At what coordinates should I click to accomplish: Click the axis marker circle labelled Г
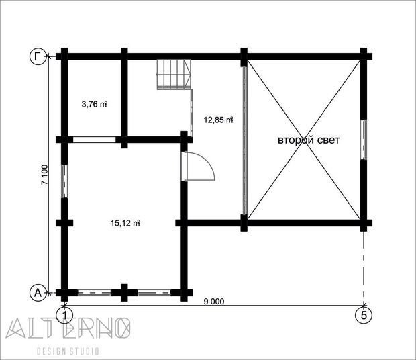click(38, 56)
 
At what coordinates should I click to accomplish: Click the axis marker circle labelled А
click(38, 293)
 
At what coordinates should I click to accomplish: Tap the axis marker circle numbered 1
click(64, 315)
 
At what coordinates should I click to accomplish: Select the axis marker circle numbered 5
click(364, 315)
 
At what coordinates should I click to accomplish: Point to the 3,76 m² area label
click(94, 104)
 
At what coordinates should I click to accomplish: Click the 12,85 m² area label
click(218, 120)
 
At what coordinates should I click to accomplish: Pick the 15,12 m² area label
click(125, 223)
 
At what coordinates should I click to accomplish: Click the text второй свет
click(309, 140)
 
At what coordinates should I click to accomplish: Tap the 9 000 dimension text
click(214, 302)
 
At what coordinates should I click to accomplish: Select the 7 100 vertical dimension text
click(44, 175)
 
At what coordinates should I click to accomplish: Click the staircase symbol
click(174, 75)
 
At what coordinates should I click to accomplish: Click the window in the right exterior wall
click(364, 140)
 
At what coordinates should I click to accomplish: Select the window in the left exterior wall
click(64, 181)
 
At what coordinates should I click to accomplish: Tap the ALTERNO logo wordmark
click(68, 328)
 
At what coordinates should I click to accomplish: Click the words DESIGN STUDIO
click(68, 351)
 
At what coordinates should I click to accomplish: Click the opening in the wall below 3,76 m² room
click(94, 140)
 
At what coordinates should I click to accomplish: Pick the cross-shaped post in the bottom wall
click(124, 293)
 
